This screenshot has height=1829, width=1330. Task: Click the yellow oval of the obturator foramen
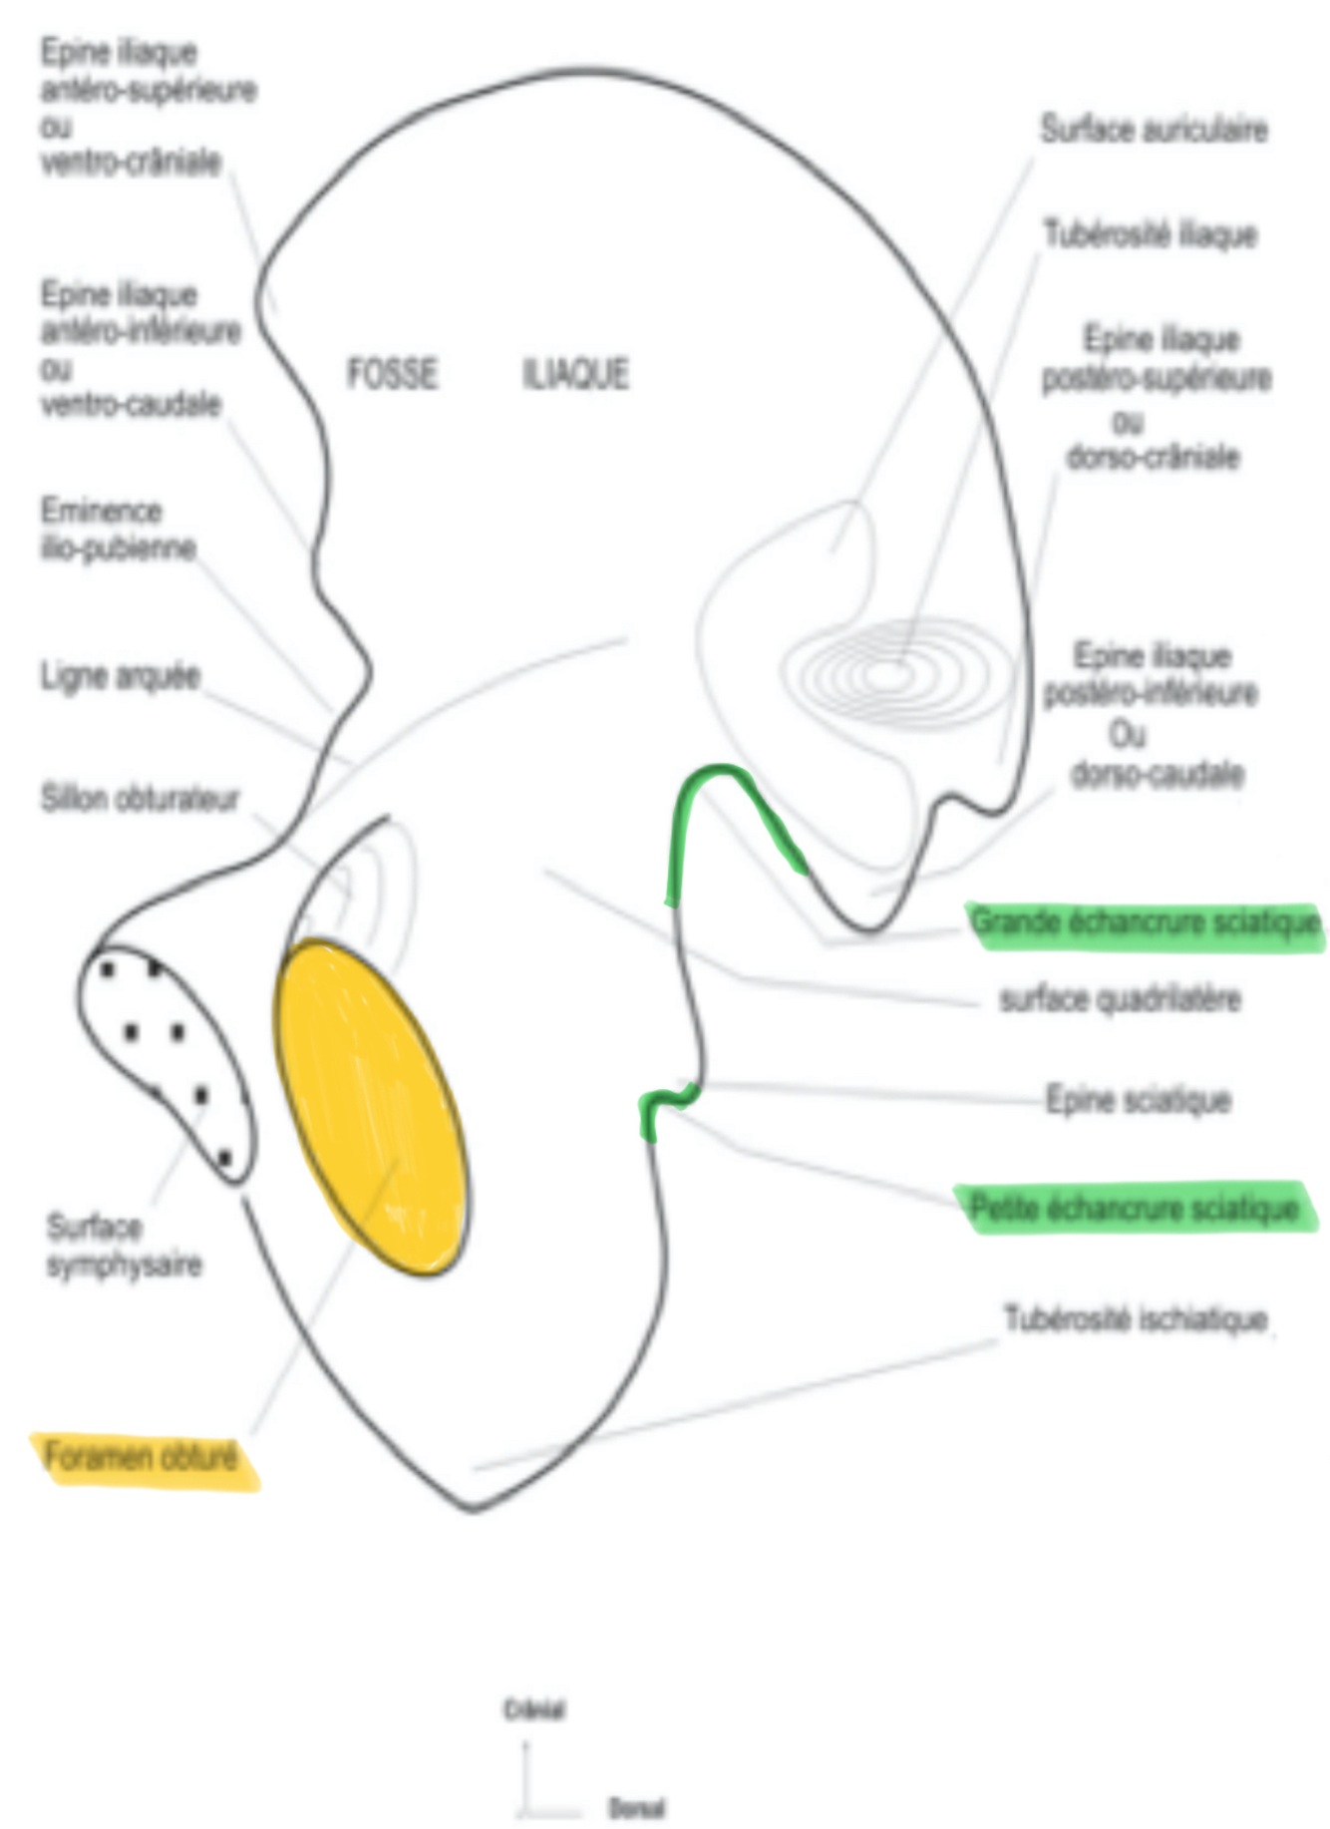pyautogui.click(x=371, y=1107)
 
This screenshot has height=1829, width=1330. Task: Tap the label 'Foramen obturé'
pyautogui.click(x=142, y=1458)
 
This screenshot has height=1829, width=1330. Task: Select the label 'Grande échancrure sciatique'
pyautogui.click(x=1145, y=923)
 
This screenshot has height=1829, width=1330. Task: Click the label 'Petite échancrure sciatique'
pyautogui.click(x=1135, y=1209)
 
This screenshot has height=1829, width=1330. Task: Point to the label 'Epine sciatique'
pyautogui.click(x=1138, y=1100)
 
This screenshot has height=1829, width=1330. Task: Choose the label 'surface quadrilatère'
pyautogui.click(x=1120, y=999)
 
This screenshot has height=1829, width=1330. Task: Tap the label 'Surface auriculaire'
pyautogui.click(x=1154, y=130)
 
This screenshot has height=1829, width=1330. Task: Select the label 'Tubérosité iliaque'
pyautogui.click(x=1150, y=235)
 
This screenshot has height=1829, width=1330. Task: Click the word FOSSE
pyautogui.click(x=392, y=374)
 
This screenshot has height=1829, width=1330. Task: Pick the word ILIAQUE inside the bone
pyautogui.click(x=575, y=374)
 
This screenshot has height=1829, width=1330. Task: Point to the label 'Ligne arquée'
pyautogui.click(x=121, y=676)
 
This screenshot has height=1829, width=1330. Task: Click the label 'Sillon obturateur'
pyautogui.click(x=140, y=799)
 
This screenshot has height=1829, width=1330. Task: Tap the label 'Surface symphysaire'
pyautogui.click(x=124, y=1246)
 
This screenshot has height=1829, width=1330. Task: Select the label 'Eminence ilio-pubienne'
pyautogui.click(x=118, y=530)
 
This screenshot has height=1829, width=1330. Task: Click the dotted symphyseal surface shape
pyautogui.click(x=165, y=1057)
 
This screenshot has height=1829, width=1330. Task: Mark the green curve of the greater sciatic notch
pyautogui.click(x=728, y=798)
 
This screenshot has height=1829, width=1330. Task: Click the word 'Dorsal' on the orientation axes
pyautogui.click(x=636, y=1808)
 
